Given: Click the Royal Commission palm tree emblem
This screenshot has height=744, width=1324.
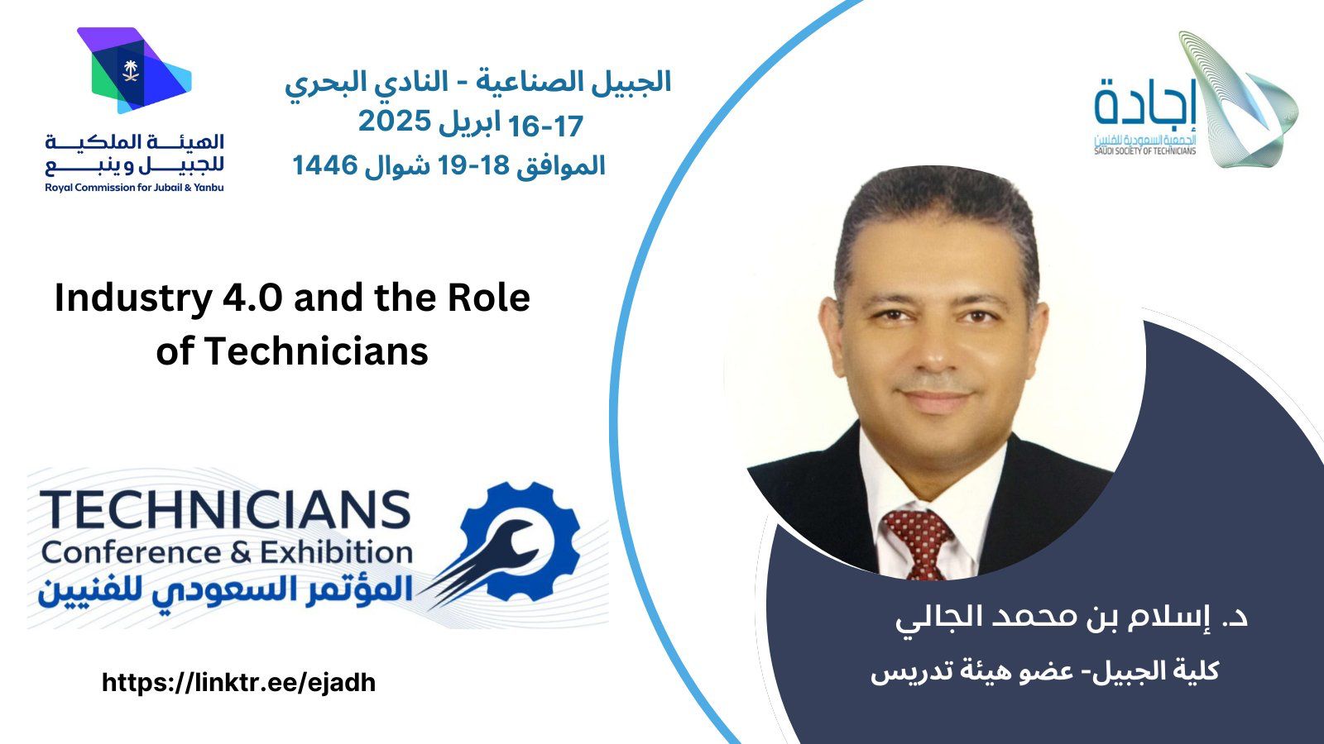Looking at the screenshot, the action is (129, 70).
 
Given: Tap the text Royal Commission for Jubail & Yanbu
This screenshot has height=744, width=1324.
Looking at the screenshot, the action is (134, 188).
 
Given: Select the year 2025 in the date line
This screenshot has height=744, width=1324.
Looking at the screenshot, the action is (394, 122).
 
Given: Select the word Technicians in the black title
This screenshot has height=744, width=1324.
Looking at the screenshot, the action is (316, 351).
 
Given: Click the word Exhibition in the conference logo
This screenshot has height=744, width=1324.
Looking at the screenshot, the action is (336, 553).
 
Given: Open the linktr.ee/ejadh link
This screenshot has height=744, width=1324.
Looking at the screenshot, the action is (239, 683).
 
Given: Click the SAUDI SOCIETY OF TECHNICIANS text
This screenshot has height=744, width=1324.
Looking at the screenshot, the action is (1145, 151).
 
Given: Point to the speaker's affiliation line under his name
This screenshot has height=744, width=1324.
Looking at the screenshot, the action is (1045, 672).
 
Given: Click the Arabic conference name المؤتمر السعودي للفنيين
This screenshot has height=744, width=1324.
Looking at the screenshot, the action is (225, 590).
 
